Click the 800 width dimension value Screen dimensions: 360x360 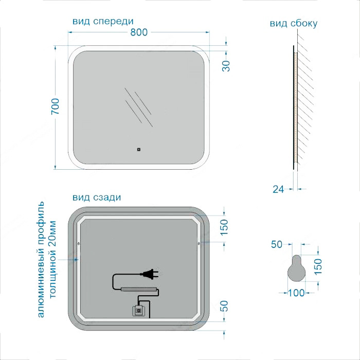[139, 32]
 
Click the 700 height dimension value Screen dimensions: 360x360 [55, 106]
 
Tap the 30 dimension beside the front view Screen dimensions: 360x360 [226, 66]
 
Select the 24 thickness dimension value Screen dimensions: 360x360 [278, 189]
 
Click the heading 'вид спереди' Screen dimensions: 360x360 [103, 21]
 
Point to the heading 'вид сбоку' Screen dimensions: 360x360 [294, 24]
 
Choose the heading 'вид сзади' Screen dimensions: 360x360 [97, 197]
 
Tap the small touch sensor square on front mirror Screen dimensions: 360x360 [138, 150]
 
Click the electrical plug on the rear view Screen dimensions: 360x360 [150, 274]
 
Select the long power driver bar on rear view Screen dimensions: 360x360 [139, 290]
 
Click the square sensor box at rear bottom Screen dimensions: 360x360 [138, 311]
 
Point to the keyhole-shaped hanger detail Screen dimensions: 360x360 [297, 268]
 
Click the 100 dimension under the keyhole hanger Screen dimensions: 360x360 [296, 293]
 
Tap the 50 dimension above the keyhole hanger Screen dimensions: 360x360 [277, 244]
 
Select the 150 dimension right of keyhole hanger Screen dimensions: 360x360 [318, 266]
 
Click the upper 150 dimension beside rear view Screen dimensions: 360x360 [224, 227]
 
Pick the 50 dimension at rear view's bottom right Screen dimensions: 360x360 [224, 306]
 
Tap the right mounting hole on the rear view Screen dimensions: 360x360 [199, 243]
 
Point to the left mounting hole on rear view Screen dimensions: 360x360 [79, 243]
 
